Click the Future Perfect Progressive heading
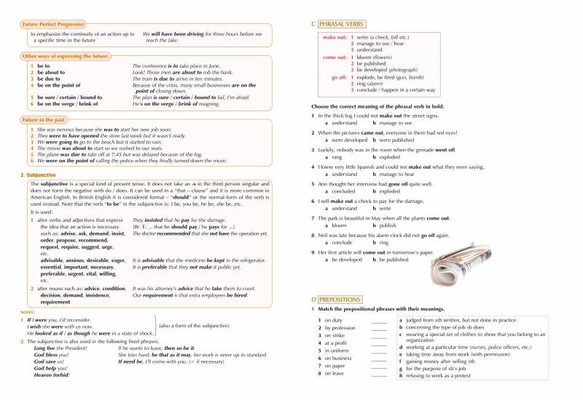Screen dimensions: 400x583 [56, 25]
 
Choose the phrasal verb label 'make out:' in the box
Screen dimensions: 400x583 [334, 36]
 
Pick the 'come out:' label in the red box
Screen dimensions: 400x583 [334, 57]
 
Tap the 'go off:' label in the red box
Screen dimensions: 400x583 [338, 76]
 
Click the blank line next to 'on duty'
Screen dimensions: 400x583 [379, 321]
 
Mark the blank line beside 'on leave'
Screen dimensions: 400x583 [379, 374]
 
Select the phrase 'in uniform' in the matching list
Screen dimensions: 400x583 [337, 351]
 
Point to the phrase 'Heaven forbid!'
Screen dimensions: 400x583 [53, 375]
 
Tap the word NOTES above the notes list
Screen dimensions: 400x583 [28, 311]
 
